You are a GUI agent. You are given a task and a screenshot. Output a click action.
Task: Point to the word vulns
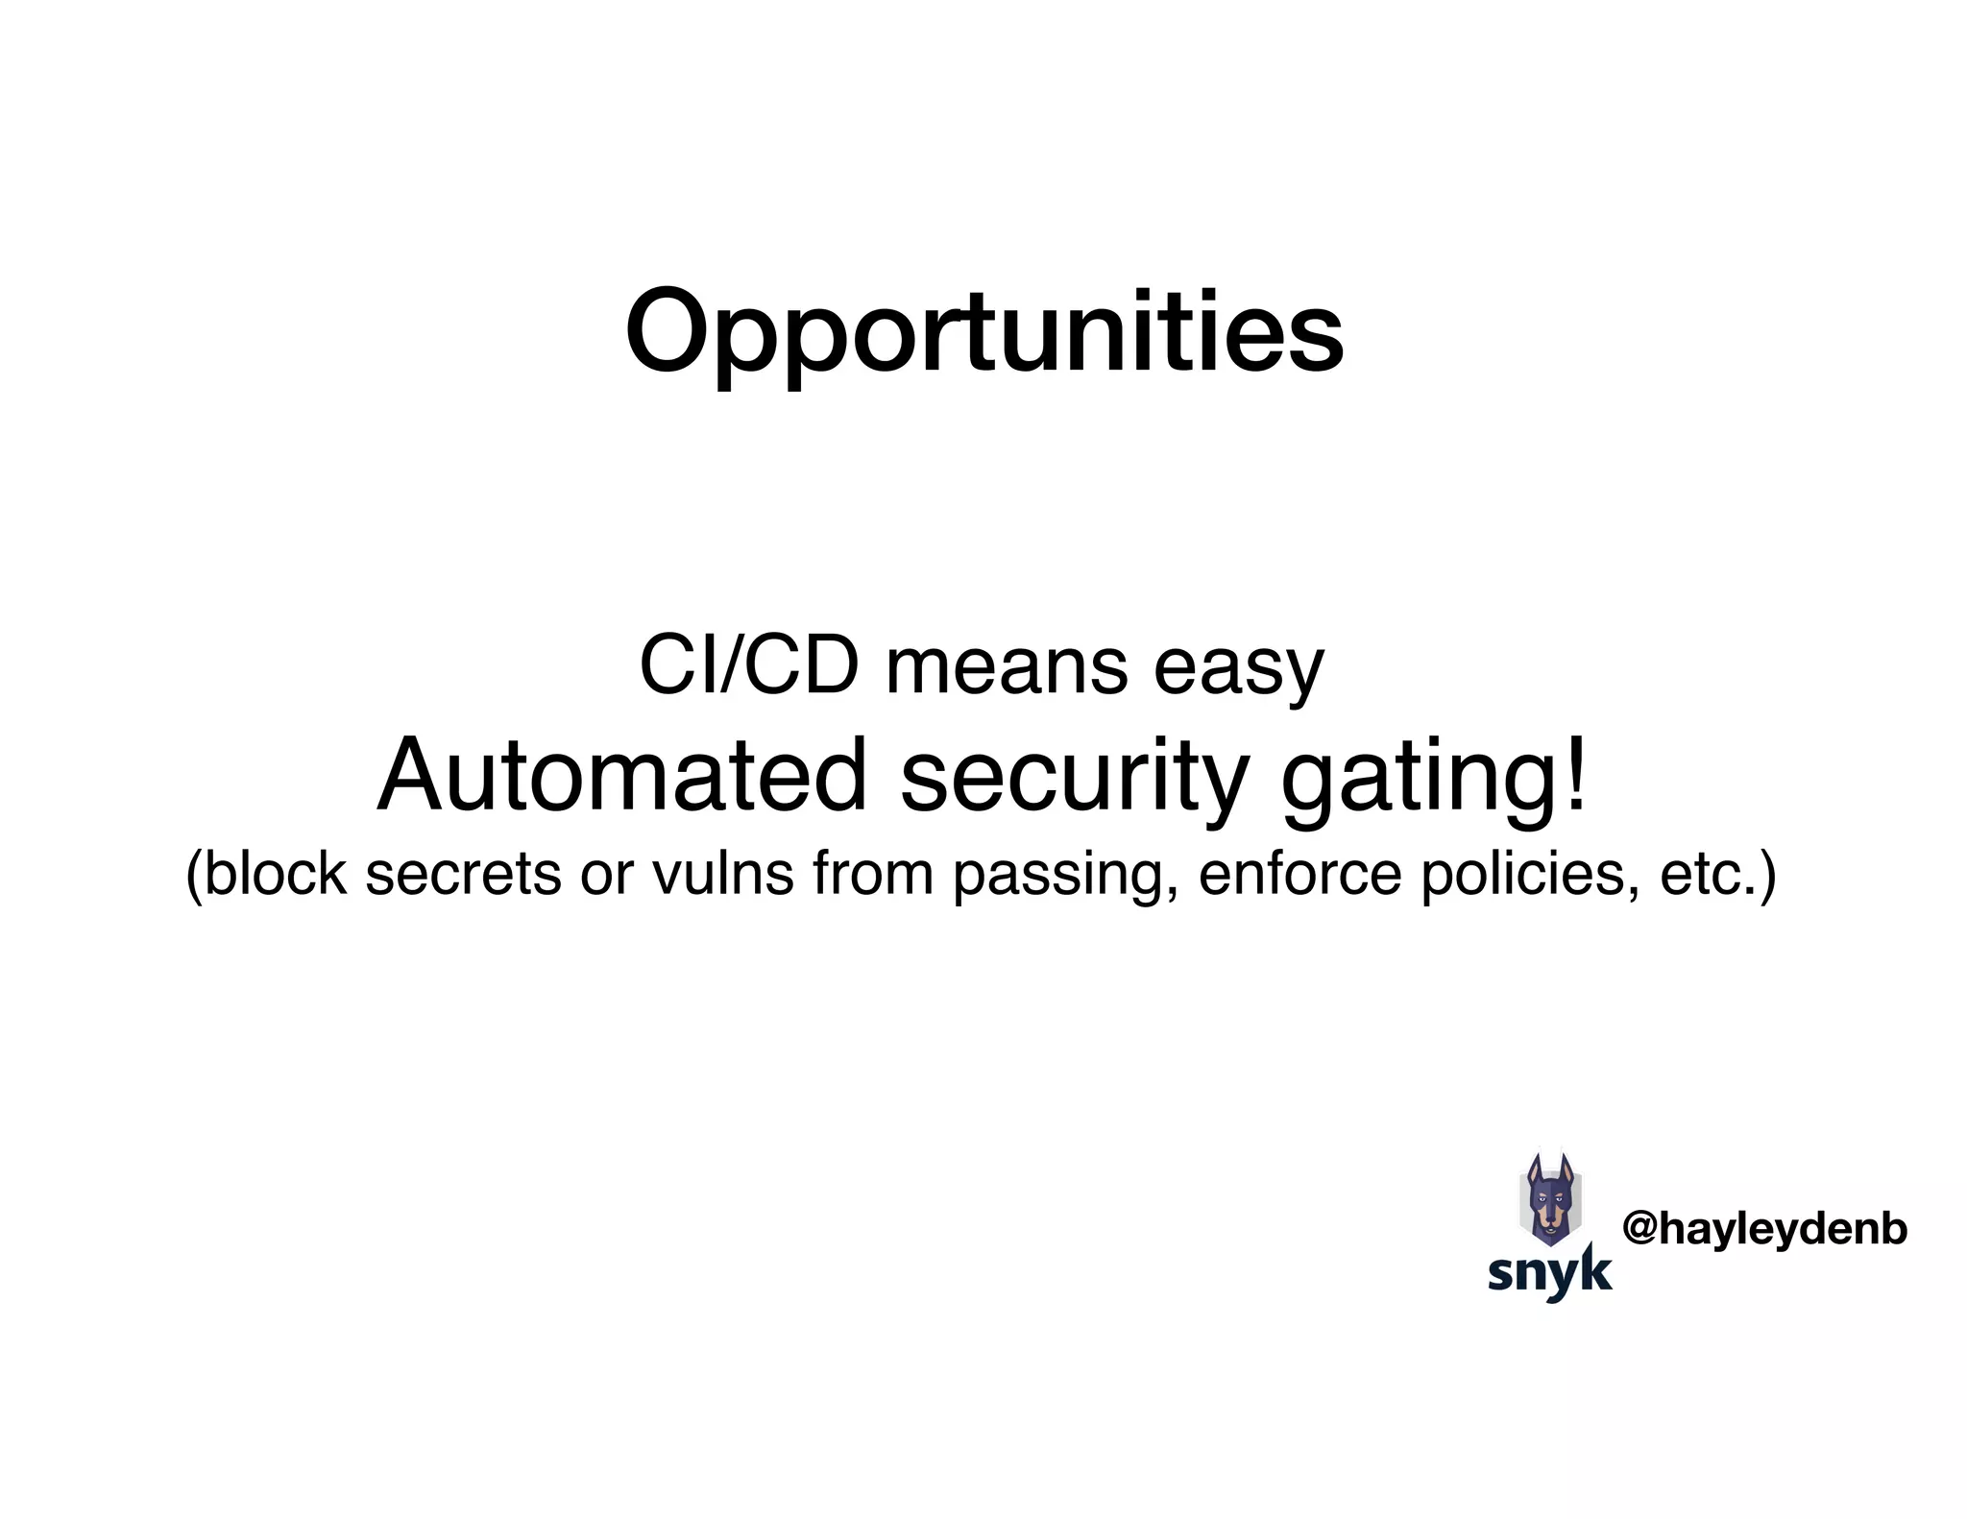(x=723, y=874)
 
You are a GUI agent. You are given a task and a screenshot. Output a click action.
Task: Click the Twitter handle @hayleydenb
(x=1764, y=1229)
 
